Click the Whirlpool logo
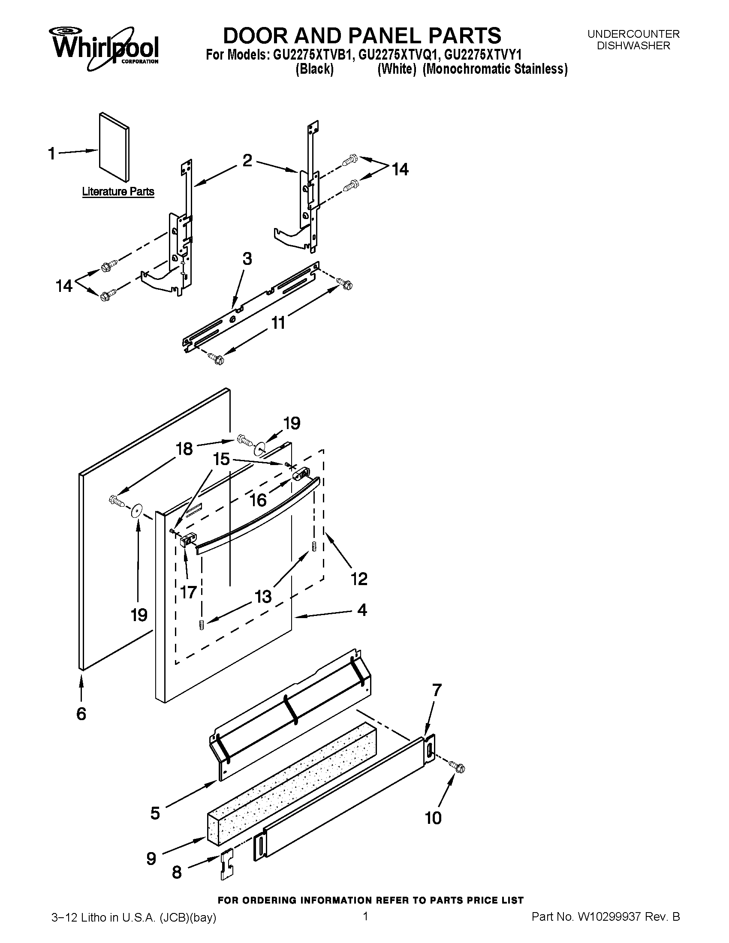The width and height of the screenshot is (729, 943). coord(104,48)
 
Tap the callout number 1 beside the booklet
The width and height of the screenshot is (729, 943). coord(52,153)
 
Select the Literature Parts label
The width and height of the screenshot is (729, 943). coord(118,191)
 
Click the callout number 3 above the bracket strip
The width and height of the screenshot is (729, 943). coord(247,258)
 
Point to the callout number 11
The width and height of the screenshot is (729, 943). coord(278,322)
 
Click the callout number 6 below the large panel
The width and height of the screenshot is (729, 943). coord(81,714)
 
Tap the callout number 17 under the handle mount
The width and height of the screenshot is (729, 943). coord(189,592)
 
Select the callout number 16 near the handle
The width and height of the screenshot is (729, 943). coord(258,500)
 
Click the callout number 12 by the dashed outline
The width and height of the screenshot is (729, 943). coord(359,578)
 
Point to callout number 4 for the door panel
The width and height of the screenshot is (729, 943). coord(362,610)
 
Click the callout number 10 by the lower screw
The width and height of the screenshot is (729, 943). coord(433,818)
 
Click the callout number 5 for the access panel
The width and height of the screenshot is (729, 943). coord(155,813)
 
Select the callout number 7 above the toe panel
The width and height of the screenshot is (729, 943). coord(437,690)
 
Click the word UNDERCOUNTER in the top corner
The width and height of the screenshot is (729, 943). coord(633,34)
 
